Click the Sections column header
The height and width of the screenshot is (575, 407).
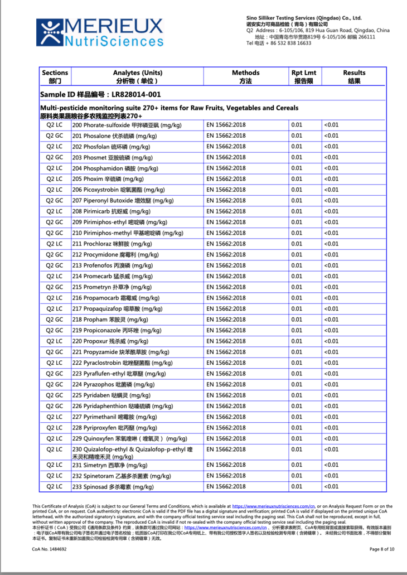tap(55, 76)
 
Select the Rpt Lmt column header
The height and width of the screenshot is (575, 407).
tap(304, 76)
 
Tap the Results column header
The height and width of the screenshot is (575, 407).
tap(354, 76)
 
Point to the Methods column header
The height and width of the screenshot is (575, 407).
tap(246, 76)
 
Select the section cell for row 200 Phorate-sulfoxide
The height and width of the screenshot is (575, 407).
tap(55, 125)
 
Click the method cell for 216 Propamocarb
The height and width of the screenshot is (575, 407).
tap(226, 298)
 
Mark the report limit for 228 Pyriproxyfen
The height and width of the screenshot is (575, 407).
tap(297, 428)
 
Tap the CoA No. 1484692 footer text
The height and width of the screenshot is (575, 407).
tap(50, 549)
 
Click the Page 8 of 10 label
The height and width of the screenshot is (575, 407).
tap(382, 549)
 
